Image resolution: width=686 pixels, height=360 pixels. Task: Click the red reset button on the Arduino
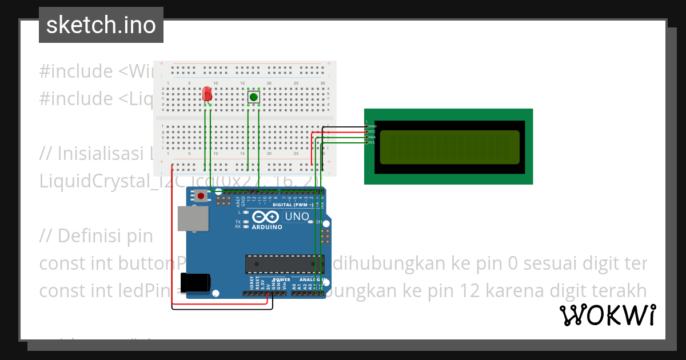pyautogui.click(x=201, y=197)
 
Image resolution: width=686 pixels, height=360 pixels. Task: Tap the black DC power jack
pyautogui.click(x=194, y=283)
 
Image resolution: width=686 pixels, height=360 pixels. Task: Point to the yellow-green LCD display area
pyautogui.click(x=449, y=146)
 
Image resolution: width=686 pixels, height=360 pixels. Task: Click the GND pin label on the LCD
pyautogui.click(x=372, y=126)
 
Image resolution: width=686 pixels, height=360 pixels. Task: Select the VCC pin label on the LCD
pyautogui.click(x=372, y=131)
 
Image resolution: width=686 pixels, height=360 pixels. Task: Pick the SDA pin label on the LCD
pyautogui.click(x=372, y=137)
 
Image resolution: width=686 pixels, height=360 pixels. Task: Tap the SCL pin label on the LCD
pyautogui.click(x=372, y=142)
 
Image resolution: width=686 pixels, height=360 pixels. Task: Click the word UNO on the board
pyautogui.click(x=297, y=217)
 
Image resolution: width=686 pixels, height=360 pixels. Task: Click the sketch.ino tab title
pyautogui.click(x=101, y=25)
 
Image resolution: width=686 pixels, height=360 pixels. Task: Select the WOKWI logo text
pyautogui.click(x=607, y=315)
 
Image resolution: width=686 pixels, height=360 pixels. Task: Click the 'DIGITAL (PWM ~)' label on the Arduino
pyautogui.click(x=293, y=205)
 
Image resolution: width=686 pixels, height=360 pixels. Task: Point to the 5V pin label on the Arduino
pyautogui.click(x=268, y=284)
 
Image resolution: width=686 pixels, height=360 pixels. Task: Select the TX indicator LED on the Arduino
pyautogui.click(x=246, y=222)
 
